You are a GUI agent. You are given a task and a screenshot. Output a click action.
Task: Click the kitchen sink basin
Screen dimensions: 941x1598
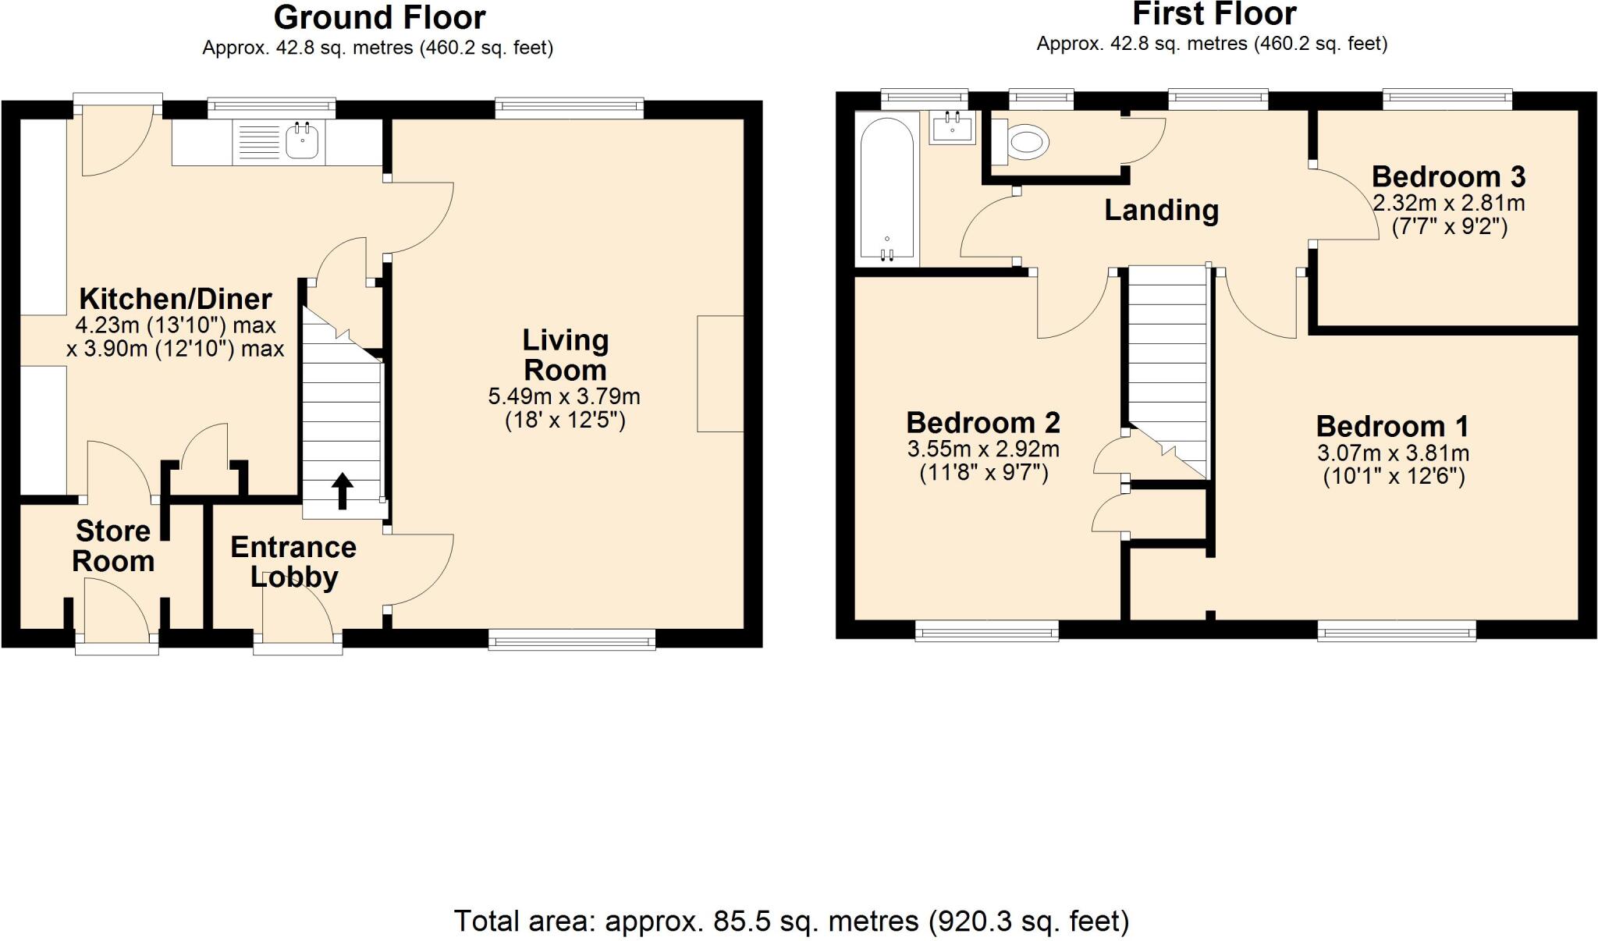(x=302, y=142)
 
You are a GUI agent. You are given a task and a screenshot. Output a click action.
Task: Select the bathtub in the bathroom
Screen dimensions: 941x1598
(x=886, y=187)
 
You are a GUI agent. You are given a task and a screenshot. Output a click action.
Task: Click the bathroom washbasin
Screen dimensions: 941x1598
(x=952, y=128)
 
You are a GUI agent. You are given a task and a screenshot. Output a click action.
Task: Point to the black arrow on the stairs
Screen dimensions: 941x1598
(x=342, y=491)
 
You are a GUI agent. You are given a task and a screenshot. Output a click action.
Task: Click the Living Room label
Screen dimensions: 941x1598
(x=564, y=355)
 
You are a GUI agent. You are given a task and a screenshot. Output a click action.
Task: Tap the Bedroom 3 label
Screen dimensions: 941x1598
(x=1448, y=177)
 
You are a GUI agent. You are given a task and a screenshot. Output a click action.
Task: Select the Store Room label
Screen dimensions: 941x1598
(x=113, y=546)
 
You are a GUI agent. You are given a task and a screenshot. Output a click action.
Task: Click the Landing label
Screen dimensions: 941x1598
(x=1161, y=210)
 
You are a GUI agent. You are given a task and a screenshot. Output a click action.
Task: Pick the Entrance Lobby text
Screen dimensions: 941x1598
(x=293, y=562)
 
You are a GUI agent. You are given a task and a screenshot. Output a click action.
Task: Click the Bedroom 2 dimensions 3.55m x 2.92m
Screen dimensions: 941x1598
(x=983, y=449)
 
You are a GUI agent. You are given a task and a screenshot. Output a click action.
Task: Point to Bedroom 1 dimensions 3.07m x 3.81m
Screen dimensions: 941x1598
(x=1393, y=453)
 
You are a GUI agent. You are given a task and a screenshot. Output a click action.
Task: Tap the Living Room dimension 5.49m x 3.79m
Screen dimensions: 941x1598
(x=564, y=396)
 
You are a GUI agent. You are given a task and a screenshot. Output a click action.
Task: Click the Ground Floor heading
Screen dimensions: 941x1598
(x=379, y=17)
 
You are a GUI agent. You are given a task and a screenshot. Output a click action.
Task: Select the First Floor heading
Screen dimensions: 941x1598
(x=1213, y=14)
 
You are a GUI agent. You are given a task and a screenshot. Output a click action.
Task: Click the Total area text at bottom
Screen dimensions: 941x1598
(x=791, y=921)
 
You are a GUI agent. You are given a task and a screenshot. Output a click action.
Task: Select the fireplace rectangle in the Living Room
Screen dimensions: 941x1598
(x=719, y=374)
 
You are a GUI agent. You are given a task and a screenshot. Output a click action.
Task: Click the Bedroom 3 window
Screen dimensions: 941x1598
(x=1447, y=99)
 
